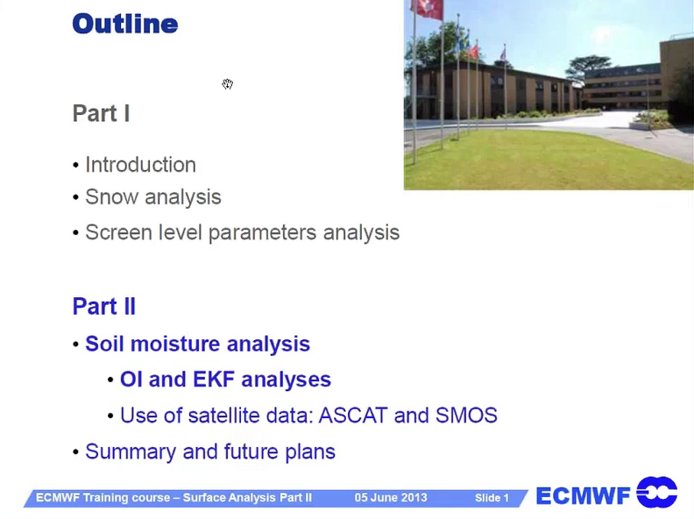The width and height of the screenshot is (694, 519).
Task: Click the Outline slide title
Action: click(x=125, y=24)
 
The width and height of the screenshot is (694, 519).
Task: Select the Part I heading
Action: click(x=101, y=113)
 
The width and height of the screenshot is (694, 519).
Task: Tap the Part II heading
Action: click(x=104, y=306)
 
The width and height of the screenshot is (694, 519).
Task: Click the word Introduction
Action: click(x=140, y=165)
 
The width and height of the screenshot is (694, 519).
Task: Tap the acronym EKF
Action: click(x=214, y=380)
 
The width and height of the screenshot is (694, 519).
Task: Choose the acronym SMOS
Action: click(x=466, y=416)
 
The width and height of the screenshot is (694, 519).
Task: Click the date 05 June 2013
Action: click(x=391, y=498)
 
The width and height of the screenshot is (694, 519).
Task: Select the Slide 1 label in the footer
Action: click(x=492, y=498)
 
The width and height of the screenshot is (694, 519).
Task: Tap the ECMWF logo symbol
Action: click(x=657, y=493)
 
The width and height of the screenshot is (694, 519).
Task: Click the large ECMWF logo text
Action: click(x=583, y=496)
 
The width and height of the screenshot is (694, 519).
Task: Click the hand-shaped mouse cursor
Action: click(x=228, y=83)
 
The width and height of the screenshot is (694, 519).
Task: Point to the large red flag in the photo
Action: click(x=427, y=9)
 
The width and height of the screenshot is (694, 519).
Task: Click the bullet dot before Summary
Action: click(x=75, y=452)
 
